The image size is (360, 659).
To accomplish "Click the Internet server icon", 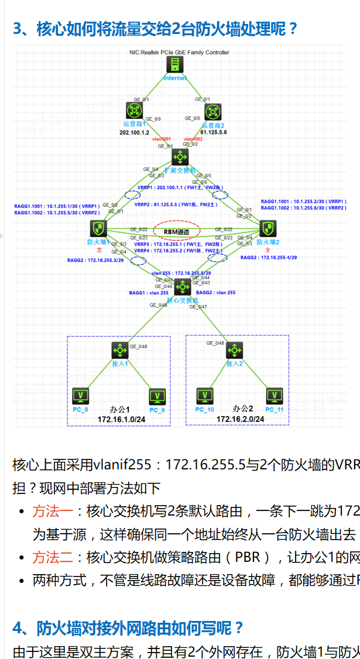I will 174,65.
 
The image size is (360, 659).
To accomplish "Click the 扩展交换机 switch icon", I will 180,157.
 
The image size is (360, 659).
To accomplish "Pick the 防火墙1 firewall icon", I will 98,229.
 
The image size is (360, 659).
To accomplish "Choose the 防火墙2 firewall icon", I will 268,229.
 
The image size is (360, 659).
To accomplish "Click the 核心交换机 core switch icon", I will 183,287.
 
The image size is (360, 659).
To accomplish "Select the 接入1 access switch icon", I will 120,351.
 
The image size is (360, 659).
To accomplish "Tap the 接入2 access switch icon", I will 235,351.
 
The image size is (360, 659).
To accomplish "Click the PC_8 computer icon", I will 80,396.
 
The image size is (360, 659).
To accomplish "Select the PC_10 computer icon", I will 205,396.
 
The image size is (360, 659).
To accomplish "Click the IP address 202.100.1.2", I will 135,133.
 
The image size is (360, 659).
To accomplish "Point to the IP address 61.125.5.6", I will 214,133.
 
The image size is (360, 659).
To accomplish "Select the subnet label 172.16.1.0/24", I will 121,419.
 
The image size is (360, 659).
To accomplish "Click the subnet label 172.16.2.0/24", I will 240,419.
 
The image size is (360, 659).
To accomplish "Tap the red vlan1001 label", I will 162,139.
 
